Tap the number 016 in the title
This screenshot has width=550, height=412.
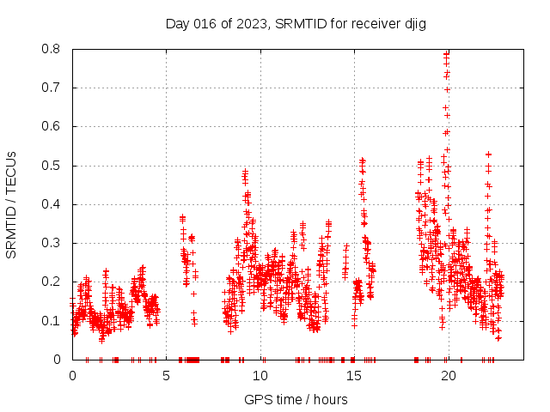tap(203, 23)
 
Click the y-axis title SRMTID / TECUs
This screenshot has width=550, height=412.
tap(12, 204)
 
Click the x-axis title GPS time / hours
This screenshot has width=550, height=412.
tap(296, 399)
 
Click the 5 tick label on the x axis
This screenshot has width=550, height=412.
tap(166, 375)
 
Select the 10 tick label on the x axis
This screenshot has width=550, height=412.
tap(260, 375)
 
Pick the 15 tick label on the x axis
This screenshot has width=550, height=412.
tap(353, 375)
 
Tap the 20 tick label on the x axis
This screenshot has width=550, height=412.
tap(447, 375)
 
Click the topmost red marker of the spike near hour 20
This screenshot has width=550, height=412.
tap(446, 53)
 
